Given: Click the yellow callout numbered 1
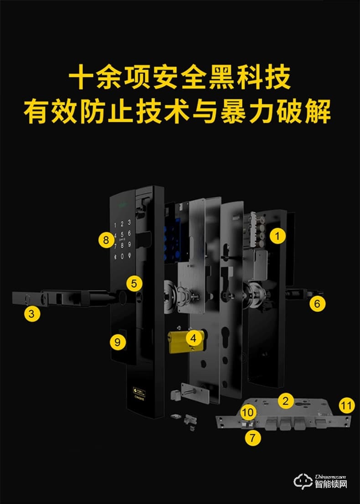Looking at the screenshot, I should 277,236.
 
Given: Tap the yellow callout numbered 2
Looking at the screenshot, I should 286,401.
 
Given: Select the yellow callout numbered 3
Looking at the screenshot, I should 31,314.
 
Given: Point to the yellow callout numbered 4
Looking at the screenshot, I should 194,338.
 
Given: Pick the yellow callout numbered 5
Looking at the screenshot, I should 134,283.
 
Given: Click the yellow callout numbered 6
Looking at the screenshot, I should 318,303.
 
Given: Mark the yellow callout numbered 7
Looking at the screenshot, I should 253,438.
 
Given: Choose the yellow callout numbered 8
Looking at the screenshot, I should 106,240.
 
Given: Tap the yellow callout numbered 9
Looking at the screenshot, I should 118,343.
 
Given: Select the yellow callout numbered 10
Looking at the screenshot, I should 248,412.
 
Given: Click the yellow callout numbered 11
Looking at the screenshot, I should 347,405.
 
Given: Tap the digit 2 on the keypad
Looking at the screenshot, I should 122,223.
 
